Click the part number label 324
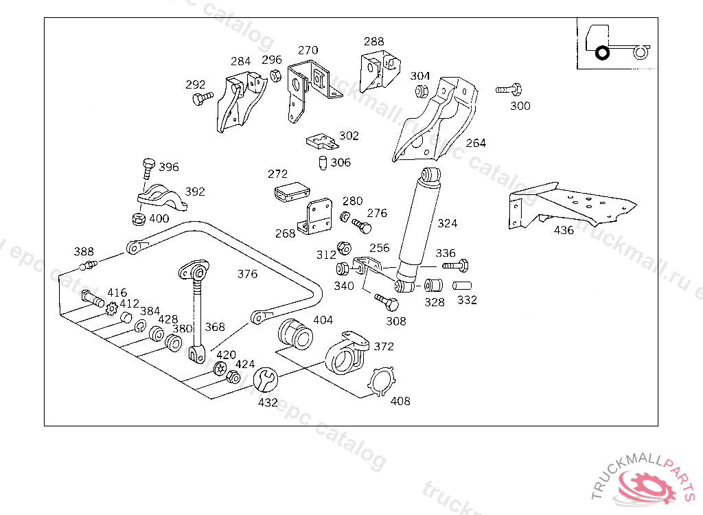[x=447, y=223]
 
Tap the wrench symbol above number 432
[x=266, y=379]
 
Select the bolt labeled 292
[x=201, y=100]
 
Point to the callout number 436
[x=564, y=230]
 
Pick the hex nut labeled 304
[x=421, y=91]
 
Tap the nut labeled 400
[x=137, y=219]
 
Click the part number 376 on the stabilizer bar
[x=247, y=274]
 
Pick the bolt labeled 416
[x=92, y=299]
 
